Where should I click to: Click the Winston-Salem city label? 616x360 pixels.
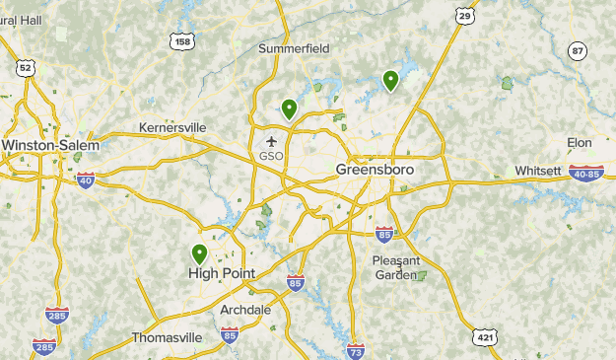(x=50, y=145)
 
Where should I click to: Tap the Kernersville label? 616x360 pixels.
(x=172, y=127)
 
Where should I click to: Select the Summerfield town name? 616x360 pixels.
(x=294, y=47)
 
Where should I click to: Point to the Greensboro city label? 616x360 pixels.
(x=375, y=170)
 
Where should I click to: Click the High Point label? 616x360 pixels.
(x=221, y=273)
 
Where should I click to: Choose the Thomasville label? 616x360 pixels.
(x=167, y=337)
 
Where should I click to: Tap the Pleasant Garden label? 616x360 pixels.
(x=396, y=267)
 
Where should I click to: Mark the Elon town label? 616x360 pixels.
(x=579, y=143)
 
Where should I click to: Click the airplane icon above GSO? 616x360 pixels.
(x=271, y=141)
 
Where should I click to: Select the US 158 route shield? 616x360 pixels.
(x=180, y=40)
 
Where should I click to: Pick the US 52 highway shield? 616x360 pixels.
(x=25, y=67)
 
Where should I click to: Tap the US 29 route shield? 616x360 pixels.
(x=465, y=15)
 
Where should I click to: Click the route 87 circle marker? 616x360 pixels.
(x=577, y=51)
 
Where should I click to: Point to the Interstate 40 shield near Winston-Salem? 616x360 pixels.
(x=86, y=180)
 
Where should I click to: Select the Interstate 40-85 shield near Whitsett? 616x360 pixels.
(x=587, y=173)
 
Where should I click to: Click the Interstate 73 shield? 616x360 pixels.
(x=356, y=350)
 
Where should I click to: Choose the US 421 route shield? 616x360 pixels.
(x=483, y=336)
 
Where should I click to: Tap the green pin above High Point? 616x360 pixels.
(x=200, y=253)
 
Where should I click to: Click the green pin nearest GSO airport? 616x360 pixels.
(x=289, y=108)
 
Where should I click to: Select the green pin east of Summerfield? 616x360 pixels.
(x=390, y=80)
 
